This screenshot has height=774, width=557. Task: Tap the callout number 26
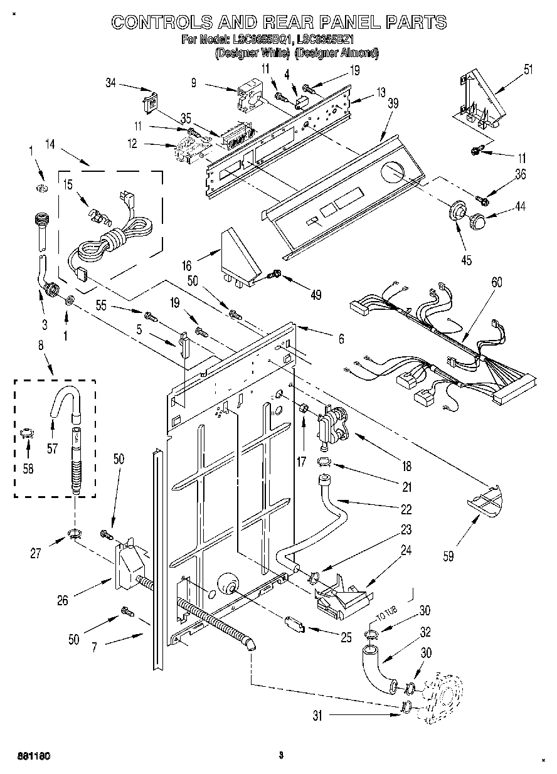tap(62, 601)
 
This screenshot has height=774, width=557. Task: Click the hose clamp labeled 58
tap(26, 433)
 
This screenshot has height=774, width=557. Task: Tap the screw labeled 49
tap(274, 274)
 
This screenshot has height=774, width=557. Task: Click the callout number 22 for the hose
tap(406, 509)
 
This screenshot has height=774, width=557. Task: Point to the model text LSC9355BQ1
tap(262, 40)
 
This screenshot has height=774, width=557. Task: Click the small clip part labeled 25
tap(294, 624)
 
